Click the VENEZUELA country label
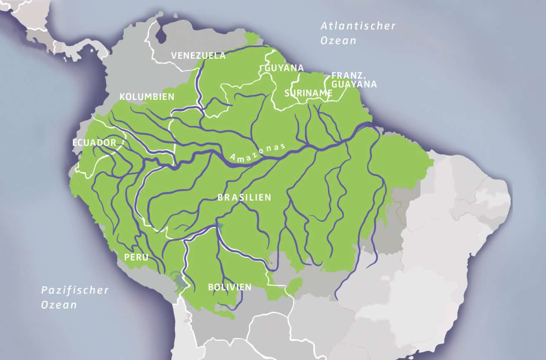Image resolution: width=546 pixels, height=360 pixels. tap(199, 56)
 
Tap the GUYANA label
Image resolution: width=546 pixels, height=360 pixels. tap(284, 68)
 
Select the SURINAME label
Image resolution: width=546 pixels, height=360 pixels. tap(308, 93)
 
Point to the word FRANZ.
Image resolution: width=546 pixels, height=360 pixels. tap(348, 76)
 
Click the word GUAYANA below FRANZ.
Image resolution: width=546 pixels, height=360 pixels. tap(354, 84)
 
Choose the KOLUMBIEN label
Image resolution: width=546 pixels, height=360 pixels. tap(146, 97)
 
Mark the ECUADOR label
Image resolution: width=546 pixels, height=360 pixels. tap(94, 143)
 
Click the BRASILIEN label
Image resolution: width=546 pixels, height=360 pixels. tap(244, 198)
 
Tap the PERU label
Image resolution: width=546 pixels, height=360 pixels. tap(136, 258)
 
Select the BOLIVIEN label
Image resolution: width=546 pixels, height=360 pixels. tap(230, 287)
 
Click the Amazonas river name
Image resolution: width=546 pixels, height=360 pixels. tap(258, 153)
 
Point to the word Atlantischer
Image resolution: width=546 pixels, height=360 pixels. tap(358, 26)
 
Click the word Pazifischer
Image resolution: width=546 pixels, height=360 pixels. tap(75, 290)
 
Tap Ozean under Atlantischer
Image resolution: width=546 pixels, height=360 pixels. tap(338, 41)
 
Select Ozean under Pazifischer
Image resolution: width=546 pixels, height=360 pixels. tap(59, 305)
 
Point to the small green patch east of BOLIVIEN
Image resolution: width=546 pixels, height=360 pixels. tap(295, 288)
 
